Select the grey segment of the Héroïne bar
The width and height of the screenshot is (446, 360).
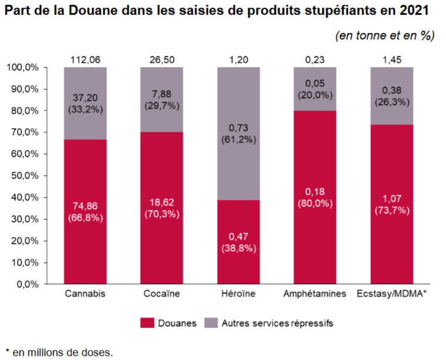238,106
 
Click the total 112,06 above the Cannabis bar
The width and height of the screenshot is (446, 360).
85,60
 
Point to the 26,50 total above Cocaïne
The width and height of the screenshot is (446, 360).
162,60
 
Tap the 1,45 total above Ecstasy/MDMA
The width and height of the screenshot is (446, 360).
391,60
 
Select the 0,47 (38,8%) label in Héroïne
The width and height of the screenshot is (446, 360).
238,242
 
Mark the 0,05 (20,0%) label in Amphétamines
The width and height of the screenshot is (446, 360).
315,89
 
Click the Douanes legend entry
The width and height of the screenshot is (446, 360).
168,323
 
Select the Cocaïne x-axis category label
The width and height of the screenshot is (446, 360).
162,294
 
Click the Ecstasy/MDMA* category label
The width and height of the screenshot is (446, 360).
391,294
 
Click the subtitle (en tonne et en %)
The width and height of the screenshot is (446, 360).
385,36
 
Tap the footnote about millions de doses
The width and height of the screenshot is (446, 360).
59,352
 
